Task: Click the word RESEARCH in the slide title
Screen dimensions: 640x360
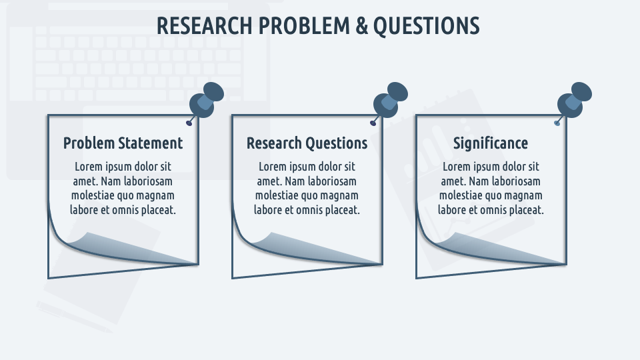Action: (x=205, y=26)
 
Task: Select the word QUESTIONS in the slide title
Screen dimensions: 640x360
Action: (x=426, y=26)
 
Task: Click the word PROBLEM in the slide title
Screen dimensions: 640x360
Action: (x=304, y=26)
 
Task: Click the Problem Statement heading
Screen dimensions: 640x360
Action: (x=123, y=143)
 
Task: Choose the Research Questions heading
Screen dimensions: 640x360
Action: (x=307, y=143)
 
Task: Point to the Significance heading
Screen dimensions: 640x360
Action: (x=491, y=143)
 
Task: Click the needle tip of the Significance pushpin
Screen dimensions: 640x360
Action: (x=557, y=123)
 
